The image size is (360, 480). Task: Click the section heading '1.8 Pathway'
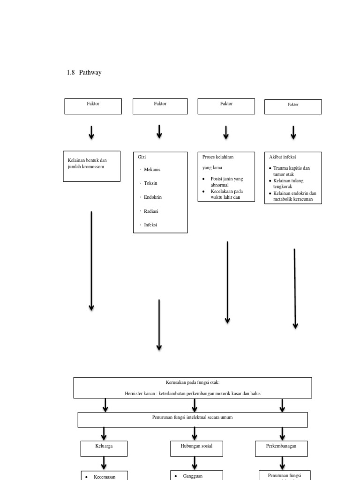point(84,73)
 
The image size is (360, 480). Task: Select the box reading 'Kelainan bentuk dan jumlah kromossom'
point(92,164)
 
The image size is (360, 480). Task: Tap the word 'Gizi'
point(142,157)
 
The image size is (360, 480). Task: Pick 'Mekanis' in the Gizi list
point(152,170)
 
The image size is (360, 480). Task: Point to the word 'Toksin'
point(151,183)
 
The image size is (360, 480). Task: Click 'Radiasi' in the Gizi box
point(151,211)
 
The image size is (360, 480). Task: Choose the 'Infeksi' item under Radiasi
point(150,225)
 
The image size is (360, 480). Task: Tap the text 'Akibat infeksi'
point(282,157)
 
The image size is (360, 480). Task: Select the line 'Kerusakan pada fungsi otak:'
point(192,382)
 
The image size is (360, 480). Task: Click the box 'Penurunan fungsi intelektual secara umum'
point(193,417)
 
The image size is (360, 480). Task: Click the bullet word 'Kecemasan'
point(105,477)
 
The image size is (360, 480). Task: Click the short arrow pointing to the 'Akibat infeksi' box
point(293,132)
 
